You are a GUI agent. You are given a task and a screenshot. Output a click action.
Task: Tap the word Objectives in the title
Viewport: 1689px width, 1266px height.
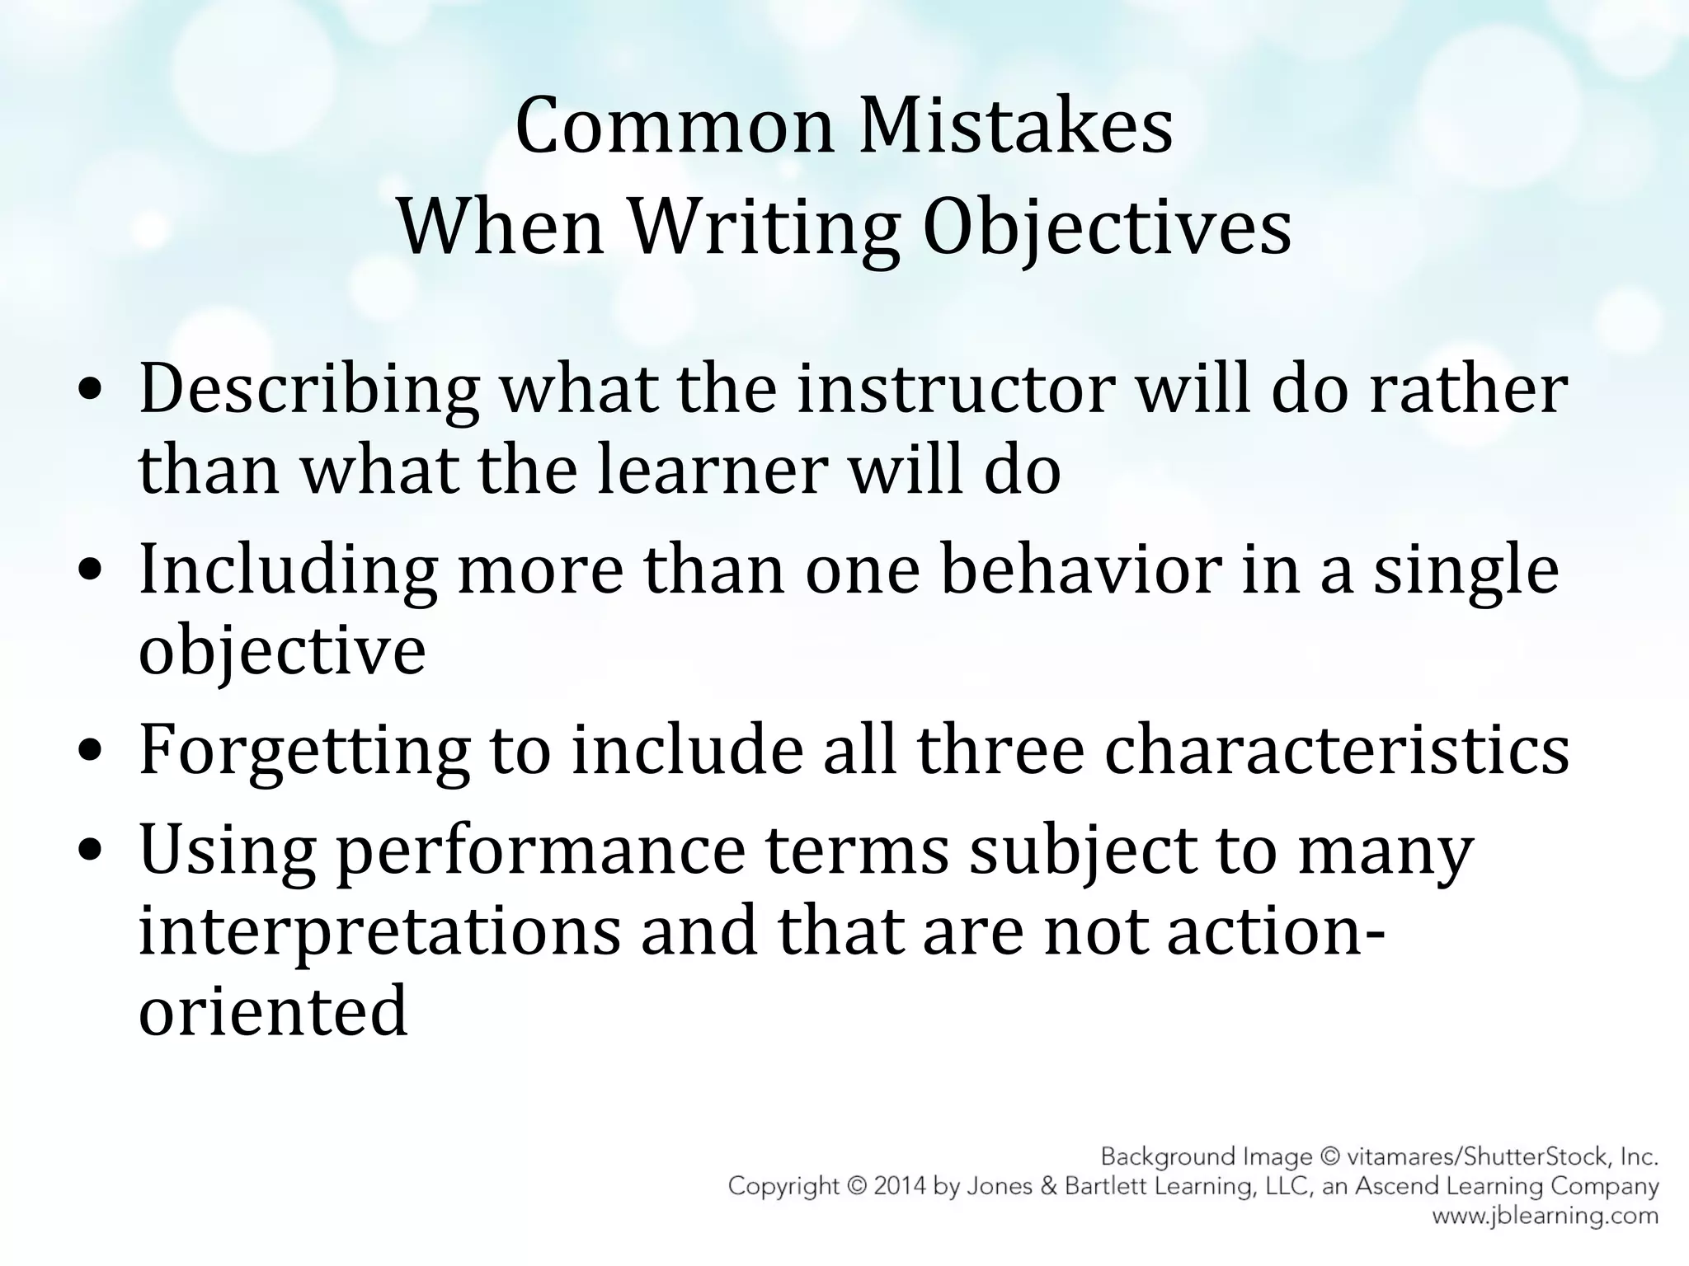(x=1106, y=227)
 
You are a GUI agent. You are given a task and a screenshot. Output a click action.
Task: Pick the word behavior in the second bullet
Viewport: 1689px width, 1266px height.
(x=1080, y=570)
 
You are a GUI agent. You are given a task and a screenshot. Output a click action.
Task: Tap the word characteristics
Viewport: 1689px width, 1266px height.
(x=1336, y=750)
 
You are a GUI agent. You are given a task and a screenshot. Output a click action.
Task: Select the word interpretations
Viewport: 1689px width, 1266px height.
(x=379, y=933)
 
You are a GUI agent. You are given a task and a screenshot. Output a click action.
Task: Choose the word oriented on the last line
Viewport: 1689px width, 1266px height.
(x=273, y=1012)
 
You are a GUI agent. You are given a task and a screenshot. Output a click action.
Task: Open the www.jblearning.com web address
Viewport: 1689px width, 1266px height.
(x=1545, y=1216)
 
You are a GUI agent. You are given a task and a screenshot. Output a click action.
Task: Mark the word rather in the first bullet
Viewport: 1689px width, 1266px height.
(x=1468, y=389)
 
